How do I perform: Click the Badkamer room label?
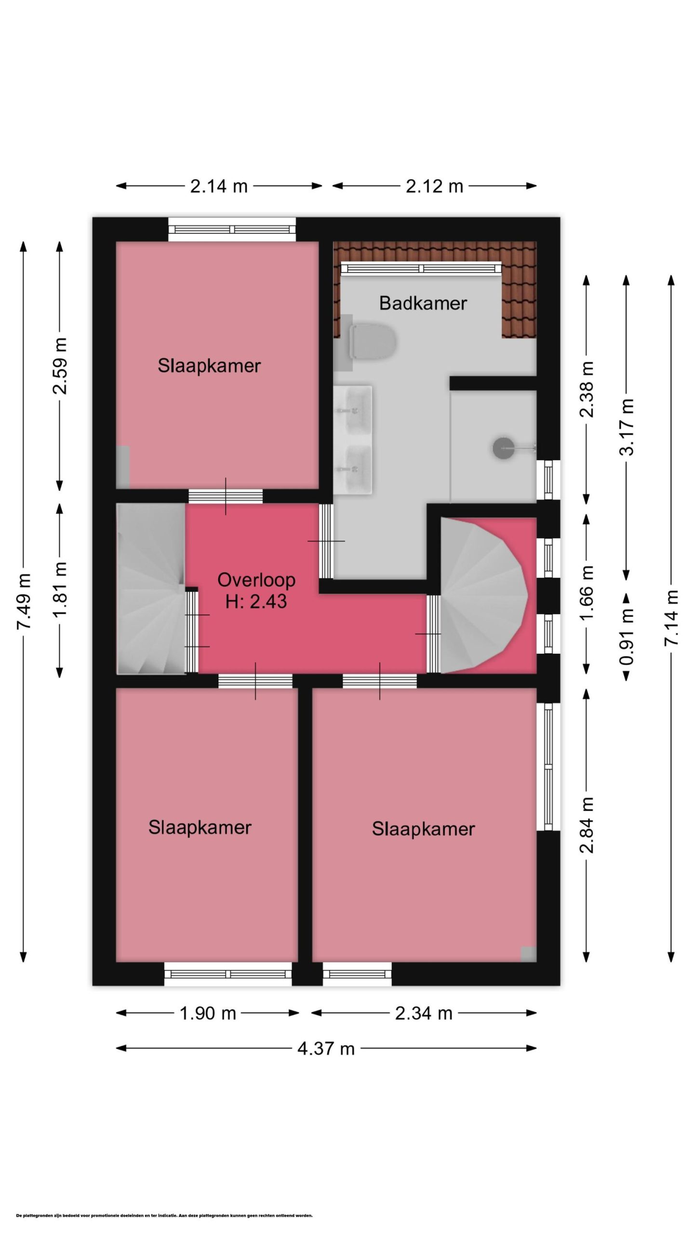(x=423, y=303)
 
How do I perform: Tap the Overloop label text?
(x=256, y=580)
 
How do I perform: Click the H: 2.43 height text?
(x=256, y=601)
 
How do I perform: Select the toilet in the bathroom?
(x=372, y=343)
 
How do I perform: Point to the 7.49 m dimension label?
(x=24, y=601)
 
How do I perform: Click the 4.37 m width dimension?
(x=326, y=1048)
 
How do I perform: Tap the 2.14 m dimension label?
(x=219, y=186)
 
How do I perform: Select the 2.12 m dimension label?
(x=434, y=186)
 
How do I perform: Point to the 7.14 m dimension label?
(x=671, y=618)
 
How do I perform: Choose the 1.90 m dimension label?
(x=208, y=1013)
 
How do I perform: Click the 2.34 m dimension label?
(x=424, y=1013)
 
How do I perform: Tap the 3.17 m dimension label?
(x=627, y=427)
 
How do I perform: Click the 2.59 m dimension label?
(x=60, y=366)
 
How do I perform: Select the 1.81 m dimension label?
(x=60, y=590)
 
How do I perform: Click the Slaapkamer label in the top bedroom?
(x=209, y=366)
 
